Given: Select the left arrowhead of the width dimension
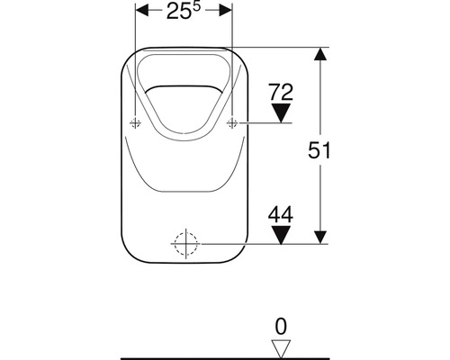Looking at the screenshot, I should click(x=140, y=13).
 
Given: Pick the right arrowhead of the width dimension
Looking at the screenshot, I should click(x=226, y=13).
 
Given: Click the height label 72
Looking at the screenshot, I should click(x=282, y=91).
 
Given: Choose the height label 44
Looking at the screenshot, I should click(x=282, y=214).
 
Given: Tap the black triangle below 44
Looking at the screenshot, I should click(x=282, y=235).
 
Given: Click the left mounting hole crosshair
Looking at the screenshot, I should click(x=135, y=122).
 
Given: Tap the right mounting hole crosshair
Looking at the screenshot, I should click(x=232, y=122).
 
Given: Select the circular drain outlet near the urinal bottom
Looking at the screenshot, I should click(x=184, y=243).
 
